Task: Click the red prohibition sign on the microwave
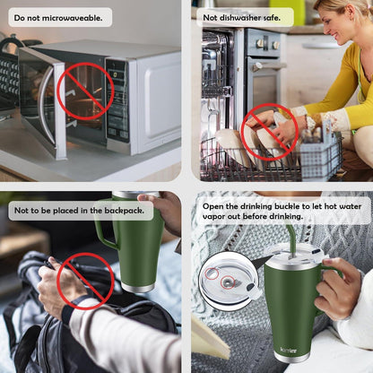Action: click(86, 91)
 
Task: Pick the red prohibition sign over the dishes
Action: click(271, 130)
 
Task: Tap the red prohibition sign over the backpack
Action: click(85, 281)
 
